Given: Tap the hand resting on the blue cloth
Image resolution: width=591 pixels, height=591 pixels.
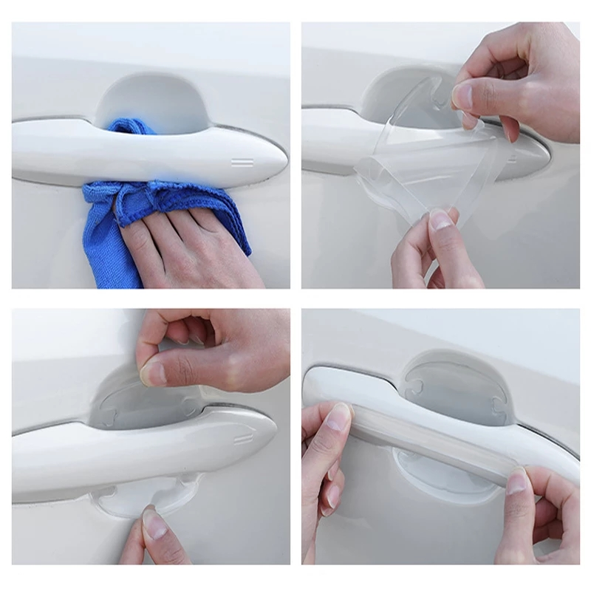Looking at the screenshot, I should tap(185, 244).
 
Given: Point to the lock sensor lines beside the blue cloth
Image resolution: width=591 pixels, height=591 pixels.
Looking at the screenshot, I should tap(242, 160).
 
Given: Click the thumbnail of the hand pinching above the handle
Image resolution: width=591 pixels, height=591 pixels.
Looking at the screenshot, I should tap(154, 373).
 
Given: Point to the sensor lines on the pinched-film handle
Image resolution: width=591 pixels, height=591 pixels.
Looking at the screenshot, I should tap(243, 439).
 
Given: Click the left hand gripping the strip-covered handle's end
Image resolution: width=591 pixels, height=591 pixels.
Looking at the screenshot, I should tap(325, 458).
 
